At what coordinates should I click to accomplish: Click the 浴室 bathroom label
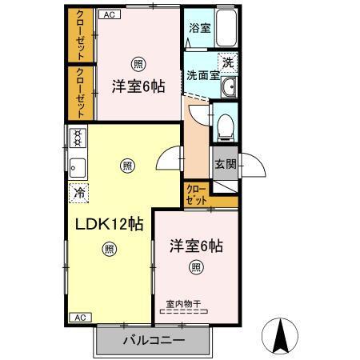tap(200, 28)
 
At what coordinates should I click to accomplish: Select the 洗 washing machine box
tap(229, 62)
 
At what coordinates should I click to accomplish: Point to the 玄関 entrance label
tap(225, 165)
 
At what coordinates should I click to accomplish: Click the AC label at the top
tap(108, 14)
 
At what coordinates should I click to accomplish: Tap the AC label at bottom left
tap(80, 317)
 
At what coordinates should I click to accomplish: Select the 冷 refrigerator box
tap(79, 192)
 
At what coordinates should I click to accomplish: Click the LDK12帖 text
tap(110, 225)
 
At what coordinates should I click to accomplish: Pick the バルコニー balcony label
tap(154, 340)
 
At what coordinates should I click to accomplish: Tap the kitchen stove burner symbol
tap(78, 139)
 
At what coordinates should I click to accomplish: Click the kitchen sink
tap(78, 166)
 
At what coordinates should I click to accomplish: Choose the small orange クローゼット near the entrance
tap(197, 194)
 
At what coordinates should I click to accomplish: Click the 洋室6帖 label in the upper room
tap(138, 86)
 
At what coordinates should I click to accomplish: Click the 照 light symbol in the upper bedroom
tap(138, 64)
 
